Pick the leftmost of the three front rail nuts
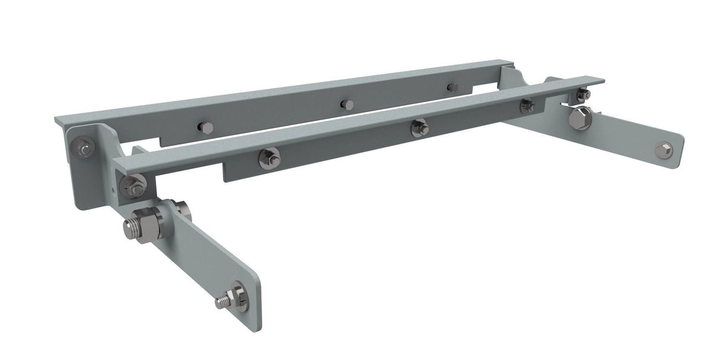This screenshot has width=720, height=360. [x=269, y=157]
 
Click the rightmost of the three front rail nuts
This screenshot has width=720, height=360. [x=525, y=106]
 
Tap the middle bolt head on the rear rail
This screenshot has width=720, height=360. [x=346, y=105]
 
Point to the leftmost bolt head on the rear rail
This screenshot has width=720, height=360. [x=205, y=128]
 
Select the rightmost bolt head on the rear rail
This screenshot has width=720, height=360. [x=453, y=87]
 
